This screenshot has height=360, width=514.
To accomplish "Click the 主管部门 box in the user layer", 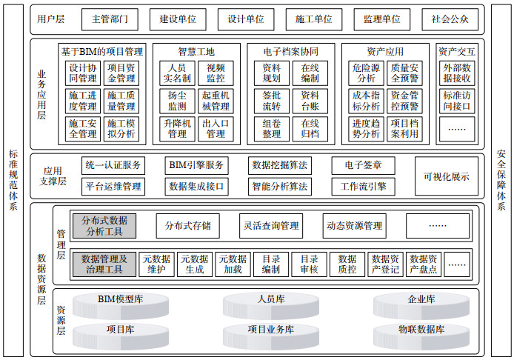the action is coord(110,19).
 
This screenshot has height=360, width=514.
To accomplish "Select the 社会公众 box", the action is coord(450,19).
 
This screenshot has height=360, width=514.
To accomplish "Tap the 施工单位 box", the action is coord(314,19).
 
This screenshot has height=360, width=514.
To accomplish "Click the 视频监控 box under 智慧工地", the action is coord(216,73).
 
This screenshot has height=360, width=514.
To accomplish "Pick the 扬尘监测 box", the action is coord(177,101).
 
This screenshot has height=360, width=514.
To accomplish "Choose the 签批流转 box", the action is coord(272,101).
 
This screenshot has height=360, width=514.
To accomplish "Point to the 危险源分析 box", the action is coord(366,73).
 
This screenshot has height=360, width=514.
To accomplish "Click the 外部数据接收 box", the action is coord(457,73).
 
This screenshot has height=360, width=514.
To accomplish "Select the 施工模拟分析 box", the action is coord(121,129).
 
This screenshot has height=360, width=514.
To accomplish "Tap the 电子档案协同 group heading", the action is coord(291,51).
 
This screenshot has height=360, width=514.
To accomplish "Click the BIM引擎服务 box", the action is coord(196,165).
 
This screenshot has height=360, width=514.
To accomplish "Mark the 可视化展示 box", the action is coord(447,176).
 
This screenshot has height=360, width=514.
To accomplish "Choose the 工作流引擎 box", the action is coord(363,187).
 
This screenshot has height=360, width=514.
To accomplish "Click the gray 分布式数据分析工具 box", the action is coord(104,226).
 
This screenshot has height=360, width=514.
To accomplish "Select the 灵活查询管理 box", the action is coord(271,226).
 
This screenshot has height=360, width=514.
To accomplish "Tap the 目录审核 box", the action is coord(309,264).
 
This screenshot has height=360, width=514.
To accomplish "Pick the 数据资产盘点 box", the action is coord(424,264).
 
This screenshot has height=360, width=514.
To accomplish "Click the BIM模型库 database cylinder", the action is coord(121,306).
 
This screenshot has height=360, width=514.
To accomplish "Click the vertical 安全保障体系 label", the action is coord(501,180).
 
